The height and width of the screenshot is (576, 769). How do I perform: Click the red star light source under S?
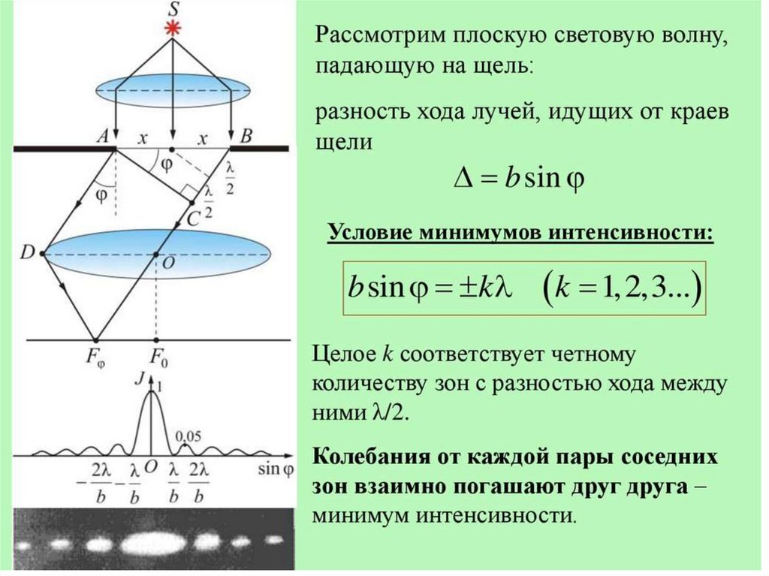coord(173,29)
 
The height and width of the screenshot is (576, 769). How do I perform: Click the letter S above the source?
coord(173,10)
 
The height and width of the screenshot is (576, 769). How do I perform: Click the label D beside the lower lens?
coord(27,254)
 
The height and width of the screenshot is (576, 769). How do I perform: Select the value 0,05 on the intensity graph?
coord(187,435)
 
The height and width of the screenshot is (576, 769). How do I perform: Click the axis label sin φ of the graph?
coord(276,469)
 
